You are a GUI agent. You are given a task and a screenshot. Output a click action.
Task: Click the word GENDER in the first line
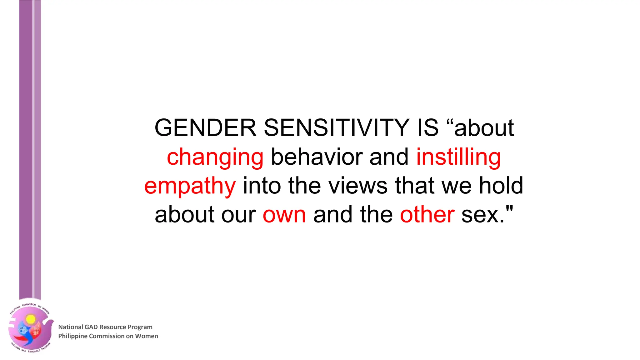205,128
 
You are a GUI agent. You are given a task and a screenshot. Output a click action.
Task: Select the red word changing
215,157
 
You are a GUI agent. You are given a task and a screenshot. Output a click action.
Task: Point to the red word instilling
458,157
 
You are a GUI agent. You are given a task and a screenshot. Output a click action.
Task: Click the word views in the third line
358,186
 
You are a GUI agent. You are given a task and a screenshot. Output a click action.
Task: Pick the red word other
427,215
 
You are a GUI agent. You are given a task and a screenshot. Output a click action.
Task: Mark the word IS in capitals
428,128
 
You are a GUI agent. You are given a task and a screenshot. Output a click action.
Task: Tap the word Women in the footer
146,336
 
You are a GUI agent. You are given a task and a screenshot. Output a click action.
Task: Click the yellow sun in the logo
31,319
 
